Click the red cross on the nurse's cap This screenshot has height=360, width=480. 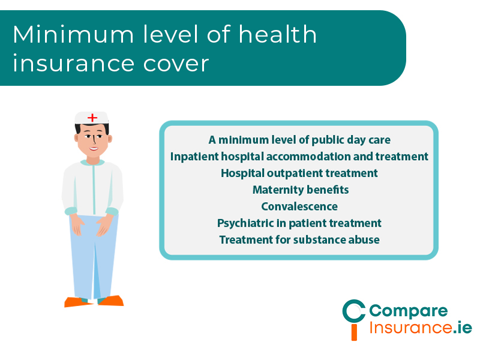(92, 118)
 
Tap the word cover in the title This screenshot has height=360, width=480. (180, 63)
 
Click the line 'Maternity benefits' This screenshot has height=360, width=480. (300, 190)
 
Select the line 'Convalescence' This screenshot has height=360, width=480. (299, 206)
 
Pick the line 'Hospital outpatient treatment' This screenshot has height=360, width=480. (299, 173)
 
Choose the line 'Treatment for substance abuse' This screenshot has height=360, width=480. (299, 240)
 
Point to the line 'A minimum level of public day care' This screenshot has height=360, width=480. (299, 140)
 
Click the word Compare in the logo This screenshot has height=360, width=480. (408, 311)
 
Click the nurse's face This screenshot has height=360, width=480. (93, 142)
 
